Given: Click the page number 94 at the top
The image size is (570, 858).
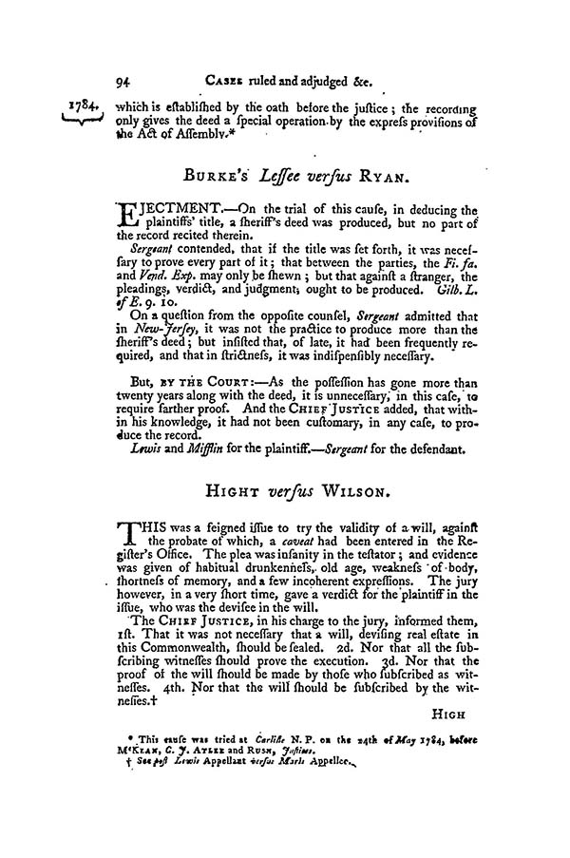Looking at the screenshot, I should pos(120,81).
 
